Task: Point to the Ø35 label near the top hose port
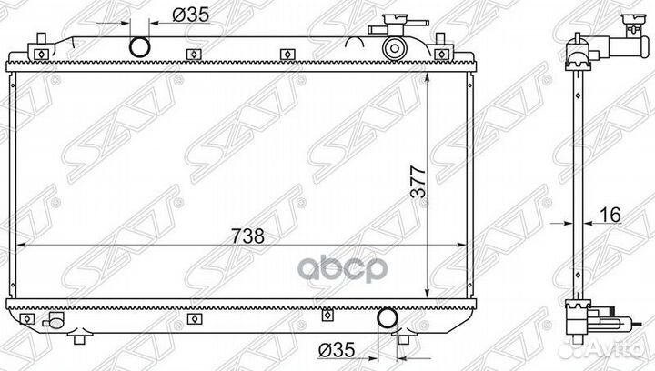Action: pos(190,15)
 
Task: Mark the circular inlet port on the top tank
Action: pos(142,45)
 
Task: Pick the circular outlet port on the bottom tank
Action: pos(386,319)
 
